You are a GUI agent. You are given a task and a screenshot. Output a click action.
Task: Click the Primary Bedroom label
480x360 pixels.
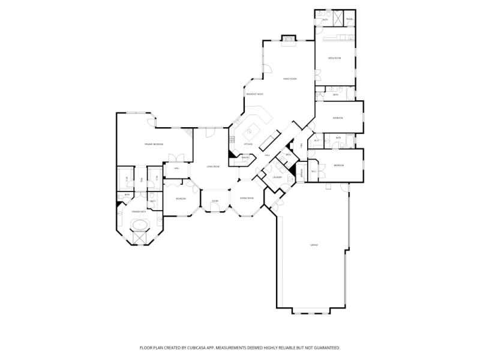pyautogui.click(x=154, y=145)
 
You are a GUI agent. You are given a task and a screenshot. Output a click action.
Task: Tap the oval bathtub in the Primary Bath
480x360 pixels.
pyautogui.click(x=140, y=226)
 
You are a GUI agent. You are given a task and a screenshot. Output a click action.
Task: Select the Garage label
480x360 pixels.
pyautogui.click(x=313, y=245)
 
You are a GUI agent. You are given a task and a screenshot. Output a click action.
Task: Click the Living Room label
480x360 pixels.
pyautogui.click(x=213, y=166)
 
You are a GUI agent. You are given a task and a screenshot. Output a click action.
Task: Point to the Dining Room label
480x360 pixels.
pyautogui.click(x=247, y=198)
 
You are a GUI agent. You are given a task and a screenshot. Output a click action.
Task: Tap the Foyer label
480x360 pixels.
pyautogui.click(x=215, y=201)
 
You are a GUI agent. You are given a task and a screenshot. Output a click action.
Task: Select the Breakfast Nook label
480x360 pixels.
pyautogui.click(x=254, y=94)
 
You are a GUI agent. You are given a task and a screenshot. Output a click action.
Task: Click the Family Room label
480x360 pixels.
pyautogui.click(x=290, y=79)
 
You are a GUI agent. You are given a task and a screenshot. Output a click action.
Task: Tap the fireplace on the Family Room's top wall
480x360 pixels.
pyautogui.click(x=289, y=39)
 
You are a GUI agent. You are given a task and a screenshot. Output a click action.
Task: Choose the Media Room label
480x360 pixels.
pyautogui.click(x=334, y=58)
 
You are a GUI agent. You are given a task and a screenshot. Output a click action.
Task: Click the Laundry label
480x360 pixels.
pyautogui.click(x=277, y=177)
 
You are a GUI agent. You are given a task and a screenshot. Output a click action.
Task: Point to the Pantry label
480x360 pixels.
pyautogui.click(x=245, y=158)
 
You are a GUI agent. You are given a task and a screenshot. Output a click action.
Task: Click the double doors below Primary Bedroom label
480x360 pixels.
pyautogui.click(x=176, y=158)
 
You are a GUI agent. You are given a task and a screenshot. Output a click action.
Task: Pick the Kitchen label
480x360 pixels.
pyautogui.click(x=248, y=145)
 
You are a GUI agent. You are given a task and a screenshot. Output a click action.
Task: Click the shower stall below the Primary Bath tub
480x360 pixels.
pyautogui.click(x=140, y=236)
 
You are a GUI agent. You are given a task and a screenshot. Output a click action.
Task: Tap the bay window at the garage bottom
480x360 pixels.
pyautogui.click(x=311, y=311)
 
